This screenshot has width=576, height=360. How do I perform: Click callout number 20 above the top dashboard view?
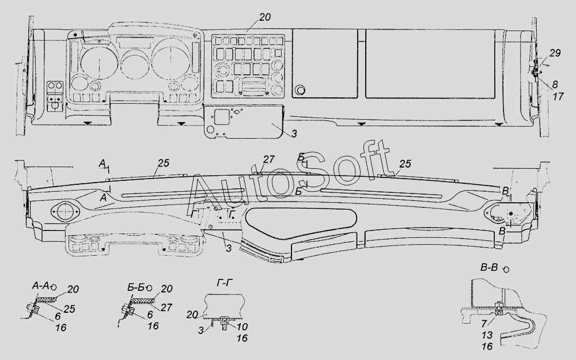tap(264, 17)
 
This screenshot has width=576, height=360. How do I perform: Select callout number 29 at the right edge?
tap(555, 53)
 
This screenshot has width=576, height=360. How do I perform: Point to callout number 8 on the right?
tap(555, 85)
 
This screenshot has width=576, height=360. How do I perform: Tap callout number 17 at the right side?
tap(558, 97)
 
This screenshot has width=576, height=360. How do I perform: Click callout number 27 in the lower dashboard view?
tap(268, 159)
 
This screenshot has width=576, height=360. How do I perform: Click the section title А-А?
tap(41, 286)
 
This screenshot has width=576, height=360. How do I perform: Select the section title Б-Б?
tap(135, 287)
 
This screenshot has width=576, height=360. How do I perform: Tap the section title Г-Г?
tap(225, 282)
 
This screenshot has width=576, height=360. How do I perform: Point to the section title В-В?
tap(489, 267)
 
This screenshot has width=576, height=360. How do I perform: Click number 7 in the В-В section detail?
tap(484, 323)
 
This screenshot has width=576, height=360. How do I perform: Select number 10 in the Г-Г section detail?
tap(242, 326)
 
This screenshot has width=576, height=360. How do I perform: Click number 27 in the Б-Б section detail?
tap(166, 307)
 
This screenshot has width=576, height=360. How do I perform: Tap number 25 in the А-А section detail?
tap(69, 309)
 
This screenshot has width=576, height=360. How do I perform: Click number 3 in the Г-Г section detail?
tap(201, 330)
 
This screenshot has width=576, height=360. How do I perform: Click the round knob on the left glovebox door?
tap(300, 90)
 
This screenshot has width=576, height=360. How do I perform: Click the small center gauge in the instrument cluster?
tap(134, 65)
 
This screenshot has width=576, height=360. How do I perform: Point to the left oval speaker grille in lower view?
tap(65, 212)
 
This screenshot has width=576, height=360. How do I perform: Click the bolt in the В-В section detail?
tap(499, 309)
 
